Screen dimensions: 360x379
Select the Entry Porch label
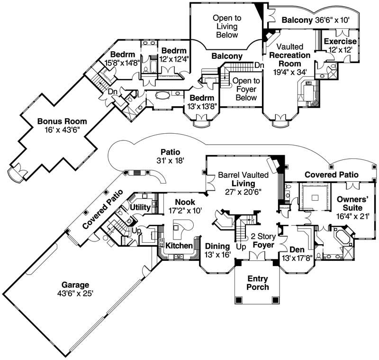pos(258,283)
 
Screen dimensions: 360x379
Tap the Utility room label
pos(140,207)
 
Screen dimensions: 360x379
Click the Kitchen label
pos(179,246)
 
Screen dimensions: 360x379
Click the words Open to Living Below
pos(227,26)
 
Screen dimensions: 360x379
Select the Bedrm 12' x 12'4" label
pos(174,55)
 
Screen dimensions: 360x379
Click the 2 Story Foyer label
pos(263,241)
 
